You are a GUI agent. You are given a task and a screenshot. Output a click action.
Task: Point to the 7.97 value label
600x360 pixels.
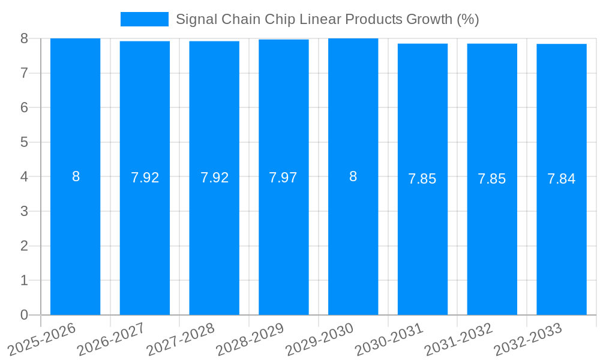pos(284,178)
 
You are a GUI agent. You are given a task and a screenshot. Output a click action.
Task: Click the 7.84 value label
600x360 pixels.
pos(562,179)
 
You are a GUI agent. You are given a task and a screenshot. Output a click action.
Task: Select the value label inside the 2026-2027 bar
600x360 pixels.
pos(145,178)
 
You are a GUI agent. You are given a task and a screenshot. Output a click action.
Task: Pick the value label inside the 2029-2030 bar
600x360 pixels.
pos(353,176)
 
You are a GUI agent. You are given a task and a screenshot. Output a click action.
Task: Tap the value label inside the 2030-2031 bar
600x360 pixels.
pos(422,179)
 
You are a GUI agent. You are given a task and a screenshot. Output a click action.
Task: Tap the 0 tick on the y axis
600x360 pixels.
pos(24,315)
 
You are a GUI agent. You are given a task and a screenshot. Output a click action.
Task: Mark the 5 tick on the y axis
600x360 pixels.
pos(24,142)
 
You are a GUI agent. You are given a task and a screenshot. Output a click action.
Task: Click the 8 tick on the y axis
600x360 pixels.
pos(24,38)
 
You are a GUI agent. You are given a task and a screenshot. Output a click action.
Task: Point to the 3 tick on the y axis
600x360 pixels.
pos(24,211)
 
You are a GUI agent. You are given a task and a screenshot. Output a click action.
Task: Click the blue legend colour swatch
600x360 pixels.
pos(145,19)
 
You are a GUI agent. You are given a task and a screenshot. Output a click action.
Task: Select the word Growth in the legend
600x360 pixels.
pos(430,19)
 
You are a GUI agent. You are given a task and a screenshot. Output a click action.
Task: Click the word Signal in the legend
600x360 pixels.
pos(195,19)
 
